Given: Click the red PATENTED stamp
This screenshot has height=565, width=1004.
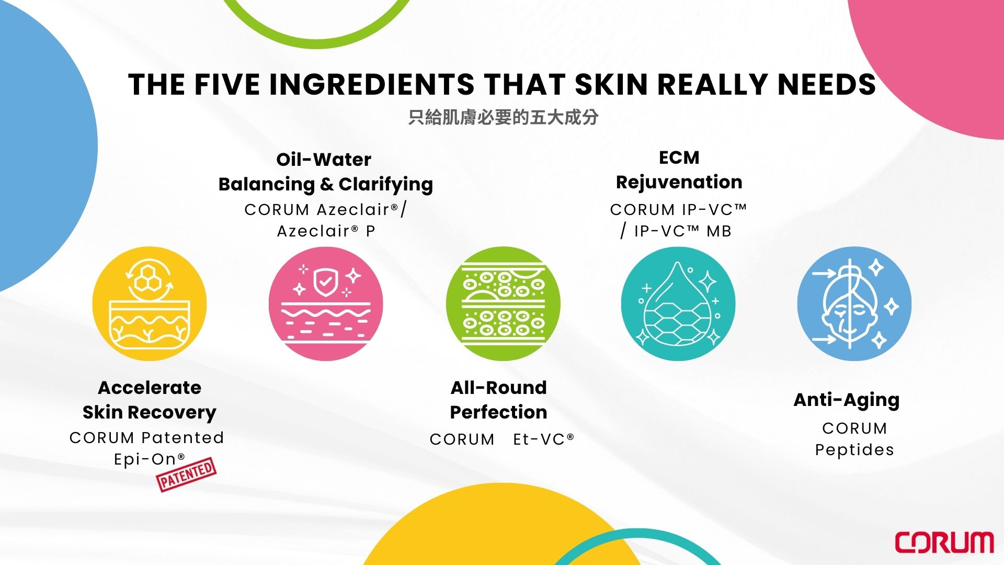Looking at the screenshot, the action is (x=187, y=474).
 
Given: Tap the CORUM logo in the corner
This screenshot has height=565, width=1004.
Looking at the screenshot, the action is (x=944, y=543).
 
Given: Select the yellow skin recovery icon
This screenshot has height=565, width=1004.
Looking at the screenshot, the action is (x=150, y=303).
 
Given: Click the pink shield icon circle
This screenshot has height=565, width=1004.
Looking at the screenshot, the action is (x=326, y=303).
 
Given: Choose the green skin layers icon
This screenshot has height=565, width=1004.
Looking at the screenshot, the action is (x=503, y=303).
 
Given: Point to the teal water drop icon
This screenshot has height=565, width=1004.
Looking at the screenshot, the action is (x=678, y=303).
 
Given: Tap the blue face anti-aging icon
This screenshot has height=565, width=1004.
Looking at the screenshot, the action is (x=854, y=303).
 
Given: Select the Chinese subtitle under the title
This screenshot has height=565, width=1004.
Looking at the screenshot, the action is (x=503, y=117).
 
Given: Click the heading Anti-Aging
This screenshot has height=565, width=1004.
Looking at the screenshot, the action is (x=847, y=400).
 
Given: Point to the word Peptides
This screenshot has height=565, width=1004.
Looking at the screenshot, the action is (x=854, y=450).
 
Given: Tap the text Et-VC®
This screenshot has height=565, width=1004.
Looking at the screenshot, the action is (x=543, y=439).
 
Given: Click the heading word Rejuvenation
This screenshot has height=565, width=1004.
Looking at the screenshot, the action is (x=679, y=182).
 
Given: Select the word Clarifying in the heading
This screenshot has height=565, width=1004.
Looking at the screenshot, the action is (x=386, y=185).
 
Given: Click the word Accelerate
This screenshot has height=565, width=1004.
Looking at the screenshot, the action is (x=150, y=388).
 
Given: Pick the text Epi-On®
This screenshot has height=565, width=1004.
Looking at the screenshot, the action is (x=150, y=459).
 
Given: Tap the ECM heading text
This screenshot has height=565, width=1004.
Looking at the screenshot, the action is (x=679, y=157).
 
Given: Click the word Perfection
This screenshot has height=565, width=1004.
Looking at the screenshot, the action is (x=499, y=412).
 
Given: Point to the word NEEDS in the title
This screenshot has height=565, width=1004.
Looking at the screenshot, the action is (x=827, y=84).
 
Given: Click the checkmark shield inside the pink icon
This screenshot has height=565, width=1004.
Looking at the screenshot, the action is (x=325, y=282).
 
